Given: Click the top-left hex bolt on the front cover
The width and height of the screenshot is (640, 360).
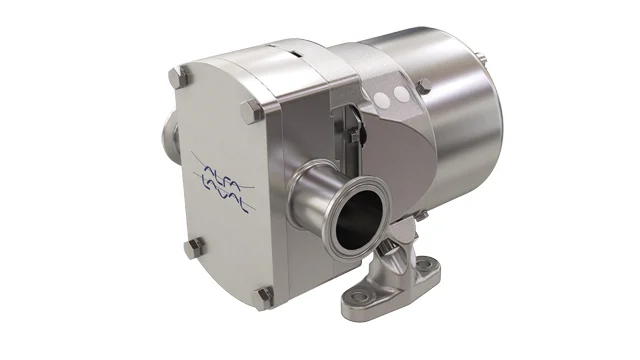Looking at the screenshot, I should point(177,76).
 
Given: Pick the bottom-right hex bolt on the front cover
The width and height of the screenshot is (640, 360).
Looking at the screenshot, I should point(265,294).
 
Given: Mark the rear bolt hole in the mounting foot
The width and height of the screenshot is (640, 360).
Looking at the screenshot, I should point(427,266).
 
